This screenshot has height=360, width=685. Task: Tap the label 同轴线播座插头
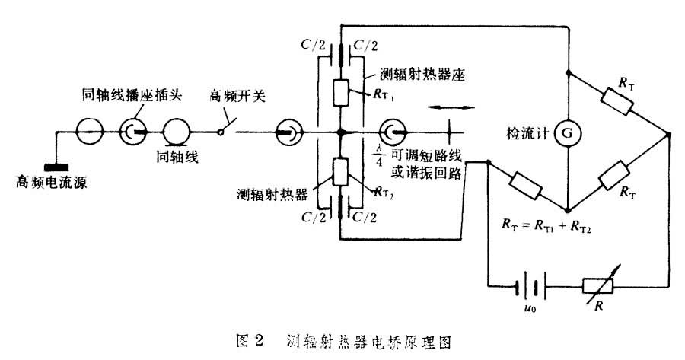(x=127, y=96)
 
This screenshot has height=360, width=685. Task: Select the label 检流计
(x=528, y=132)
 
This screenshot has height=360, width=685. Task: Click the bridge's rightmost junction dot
(x=667, y=133)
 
